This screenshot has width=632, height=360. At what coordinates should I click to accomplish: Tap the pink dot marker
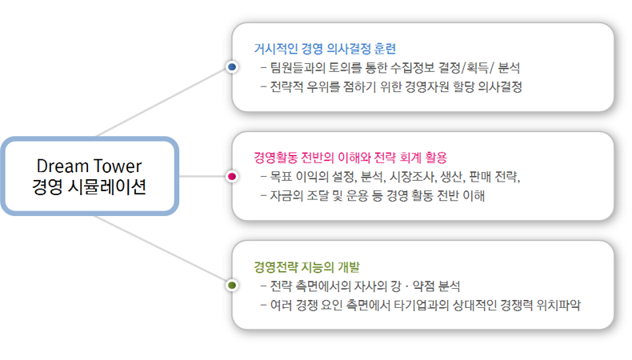click(x=232, y=175)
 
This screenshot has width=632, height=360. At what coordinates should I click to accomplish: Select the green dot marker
click(x=232, y=285)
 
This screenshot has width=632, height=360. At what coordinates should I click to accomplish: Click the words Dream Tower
click(x=89, y=166)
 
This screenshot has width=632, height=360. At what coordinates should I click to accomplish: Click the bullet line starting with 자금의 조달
click(x=376, y=195)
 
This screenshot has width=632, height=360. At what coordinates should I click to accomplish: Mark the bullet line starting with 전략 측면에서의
click(x=363, y=286)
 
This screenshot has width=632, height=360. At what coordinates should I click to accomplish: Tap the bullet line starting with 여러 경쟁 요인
click(x=425, y=305)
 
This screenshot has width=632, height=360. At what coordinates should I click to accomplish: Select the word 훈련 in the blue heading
click(x=384, y=48)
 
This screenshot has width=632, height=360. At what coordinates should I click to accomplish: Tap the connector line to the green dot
click(x=160, y=248)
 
